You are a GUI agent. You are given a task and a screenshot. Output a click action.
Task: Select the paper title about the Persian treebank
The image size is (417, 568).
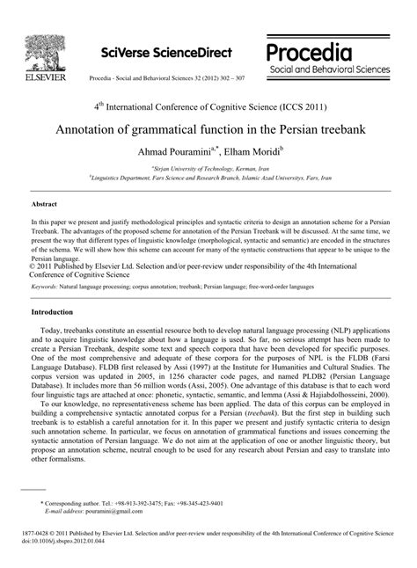208,129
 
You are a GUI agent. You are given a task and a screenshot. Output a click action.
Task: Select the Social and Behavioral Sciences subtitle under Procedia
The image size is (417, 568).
334,68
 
